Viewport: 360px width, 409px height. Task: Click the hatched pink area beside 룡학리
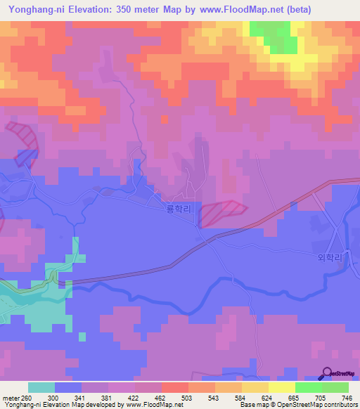click(x=221, y=213)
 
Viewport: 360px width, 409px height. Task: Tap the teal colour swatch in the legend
click(x=41, y=387)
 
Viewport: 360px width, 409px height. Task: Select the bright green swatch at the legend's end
click(x=335, y=387)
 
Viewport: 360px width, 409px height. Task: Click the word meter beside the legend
click(x=8, y=397)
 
